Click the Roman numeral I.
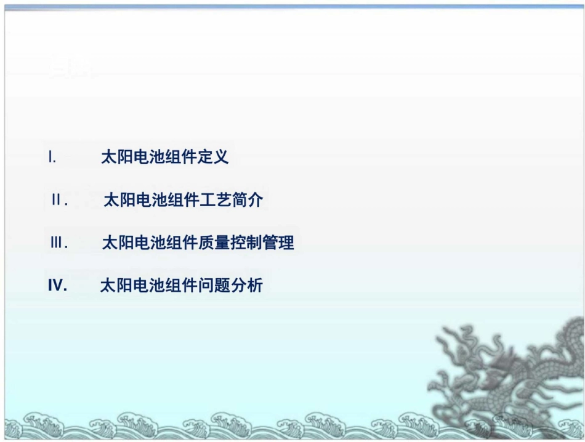(x=53, y=158)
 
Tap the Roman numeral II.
(x=59, y=201)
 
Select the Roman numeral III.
(x=58, y=243)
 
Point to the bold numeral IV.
(x=57, y=286)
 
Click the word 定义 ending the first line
(x=214, y=158)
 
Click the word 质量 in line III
(x=214, y=243)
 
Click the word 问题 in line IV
(x=214, y=286)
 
